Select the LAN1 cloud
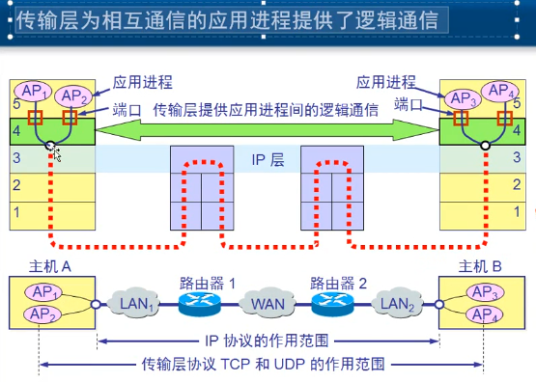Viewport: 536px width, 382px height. tap(135, 305)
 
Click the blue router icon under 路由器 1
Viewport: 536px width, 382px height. tap(201, 305)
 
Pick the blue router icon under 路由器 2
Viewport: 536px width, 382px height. tap(332, 305)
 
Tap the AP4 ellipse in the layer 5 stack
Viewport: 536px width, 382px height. tap(500, 92)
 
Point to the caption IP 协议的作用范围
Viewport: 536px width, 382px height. tap(268, 341)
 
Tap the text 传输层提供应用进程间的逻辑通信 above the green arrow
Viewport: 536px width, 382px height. tap(266, 110)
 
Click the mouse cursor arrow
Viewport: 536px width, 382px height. tap(56, 152)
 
